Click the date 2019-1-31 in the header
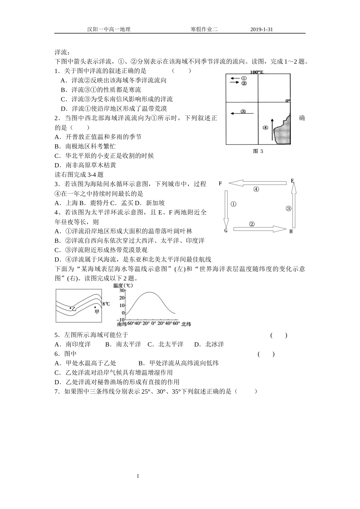tap(261, 29)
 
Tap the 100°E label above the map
tap(257, 72)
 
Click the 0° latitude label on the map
tap(288, 101)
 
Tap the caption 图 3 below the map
tap(258, 151)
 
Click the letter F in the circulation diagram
tap(220, 184)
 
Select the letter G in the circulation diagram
tap(226, 230)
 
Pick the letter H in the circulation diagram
tap(291, 231)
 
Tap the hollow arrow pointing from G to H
tap(259, 229)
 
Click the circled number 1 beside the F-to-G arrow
tap(233, 204)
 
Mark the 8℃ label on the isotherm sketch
tap(106, 304)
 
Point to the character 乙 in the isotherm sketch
tap(74, 309)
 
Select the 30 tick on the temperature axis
tap(122, 290)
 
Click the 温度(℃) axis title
tap(123, 285)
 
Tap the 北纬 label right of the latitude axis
tap(186, 324)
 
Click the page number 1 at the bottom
tap(138, 476)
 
